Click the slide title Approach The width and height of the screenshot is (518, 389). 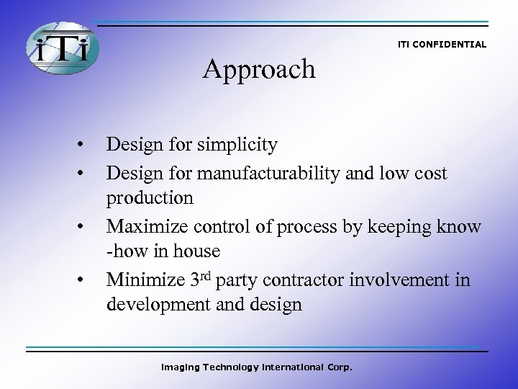click(x=259, y=69)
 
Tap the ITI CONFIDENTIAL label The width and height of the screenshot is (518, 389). click(x=442, y=45)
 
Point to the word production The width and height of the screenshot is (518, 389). click(x=150, y=198)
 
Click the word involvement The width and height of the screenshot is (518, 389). click(x=406, y=279)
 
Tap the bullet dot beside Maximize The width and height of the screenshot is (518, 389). click(x=85, y=225)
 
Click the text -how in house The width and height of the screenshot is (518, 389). click(x=163, y=251)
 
